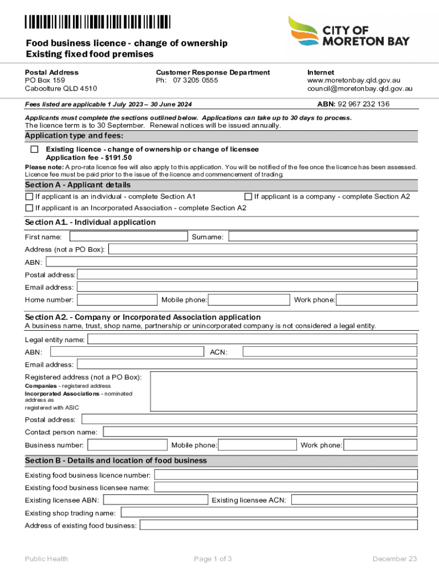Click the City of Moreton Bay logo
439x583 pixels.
[348, 32]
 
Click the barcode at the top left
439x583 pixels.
[97, 22]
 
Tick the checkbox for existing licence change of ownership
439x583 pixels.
[35, 149]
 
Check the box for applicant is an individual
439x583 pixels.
[29, 196]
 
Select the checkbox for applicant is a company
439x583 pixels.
[248, 196]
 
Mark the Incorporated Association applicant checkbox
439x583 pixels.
[29, 208]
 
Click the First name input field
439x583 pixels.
[128, 236]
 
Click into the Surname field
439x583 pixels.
[323, 236]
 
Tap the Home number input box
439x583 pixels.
[117, 300]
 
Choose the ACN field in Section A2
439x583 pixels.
[330, 352]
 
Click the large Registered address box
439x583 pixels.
[283, 392]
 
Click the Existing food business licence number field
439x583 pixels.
[286, 475]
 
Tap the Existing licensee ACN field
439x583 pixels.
[354, 500]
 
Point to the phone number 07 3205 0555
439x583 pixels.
[196, 81]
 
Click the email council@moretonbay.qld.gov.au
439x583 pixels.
[360, 89]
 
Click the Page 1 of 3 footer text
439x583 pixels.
[213, 559]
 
